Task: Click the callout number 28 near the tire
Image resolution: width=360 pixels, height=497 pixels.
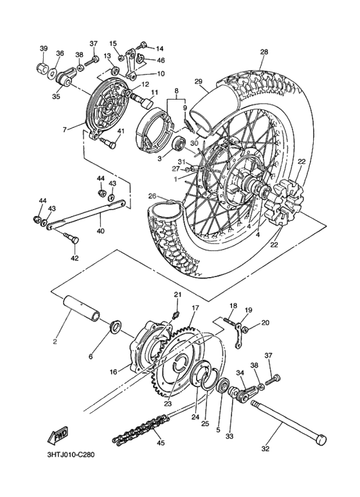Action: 264,53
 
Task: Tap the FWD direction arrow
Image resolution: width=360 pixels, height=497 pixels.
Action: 58,437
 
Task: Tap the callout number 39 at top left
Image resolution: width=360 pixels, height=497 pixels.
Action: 44,49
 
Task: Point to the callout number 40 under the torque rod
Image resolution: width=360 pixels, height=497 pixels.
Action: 100,230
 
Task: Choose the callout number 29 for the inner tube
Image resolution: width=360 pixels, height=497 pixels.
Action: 199,81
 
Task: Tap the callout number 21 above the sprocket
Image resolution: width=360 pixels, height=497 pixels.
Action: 178,294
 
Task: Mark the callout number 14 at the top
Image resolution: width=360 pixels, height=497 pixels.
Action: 159,48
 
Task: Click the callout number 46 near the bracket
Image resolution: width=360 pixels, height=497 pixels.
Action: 161,60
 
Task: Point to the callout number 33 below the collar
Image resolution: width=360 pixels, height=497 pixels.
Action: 230,436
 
